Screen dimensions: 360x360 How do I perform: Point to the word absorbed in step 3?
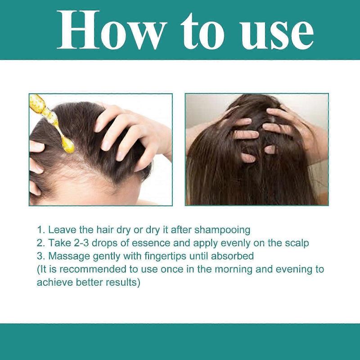coord(234,256)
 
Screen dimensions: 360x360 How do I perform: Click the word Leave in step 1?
coord(59,230)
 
